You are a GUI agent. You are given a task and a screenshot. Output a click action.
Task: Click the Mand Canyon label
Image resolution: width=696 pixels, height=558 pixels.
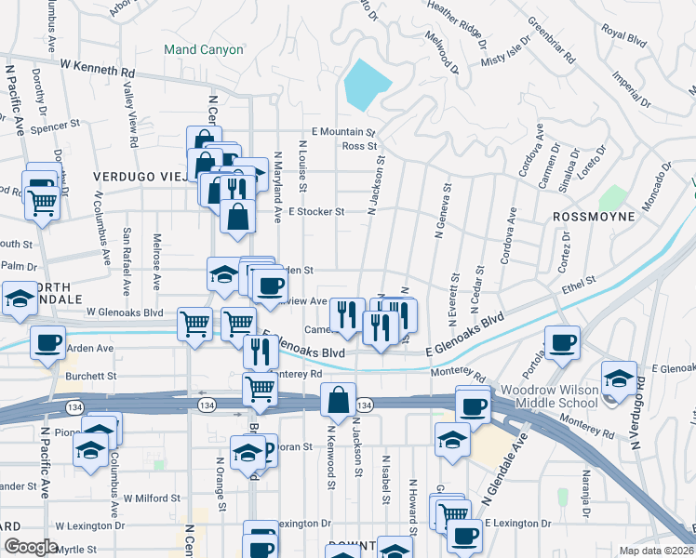pos(203,49)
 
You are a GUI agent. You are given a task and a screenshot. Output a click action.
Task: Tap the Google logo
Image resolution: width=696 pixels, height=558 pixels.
pos(30,547)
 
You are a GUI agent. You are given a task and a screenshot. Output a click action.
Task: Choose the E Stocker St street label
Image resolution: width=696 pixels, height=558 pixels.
pos(316,212)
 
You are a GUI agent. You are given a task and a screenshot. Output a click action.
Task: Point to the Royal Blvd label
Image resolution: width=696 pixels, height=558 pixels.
pos(623,35)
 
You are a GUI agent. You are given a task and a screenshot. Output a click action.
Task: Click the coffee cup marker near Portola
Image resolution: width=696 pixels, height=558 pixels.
pos(561,342)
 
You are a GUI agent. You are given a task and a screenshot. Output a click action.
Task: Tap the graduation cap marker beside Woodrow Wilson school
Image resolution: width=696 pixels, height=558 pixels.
pos(619,378)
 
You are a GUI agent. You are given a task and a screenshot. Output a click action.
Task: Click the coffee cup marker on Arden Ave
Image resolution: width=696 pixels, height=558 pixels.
pos(47,341)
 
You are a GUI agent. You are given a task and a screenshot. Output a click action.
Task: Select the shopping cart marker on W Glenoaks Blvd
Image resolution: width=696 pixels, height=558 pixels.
pos(194,325)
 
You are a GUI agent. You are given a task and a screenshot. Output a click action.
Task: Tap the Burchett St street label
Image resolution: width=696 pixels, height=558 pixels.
pos(91,377)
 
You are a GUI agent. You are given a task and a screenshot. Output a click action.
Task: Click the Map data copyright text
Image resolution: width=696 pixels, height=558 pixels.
pos(657,551)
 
